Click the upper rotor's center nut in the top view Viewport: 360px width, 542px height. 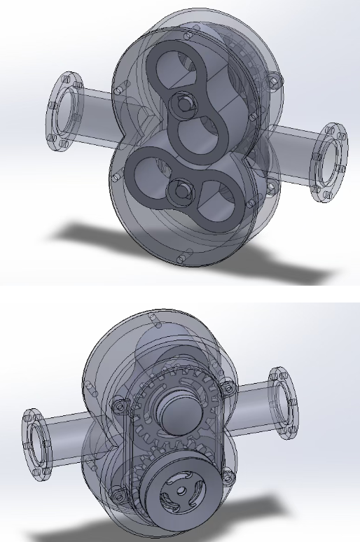pyautogui.click(x=184, y=104)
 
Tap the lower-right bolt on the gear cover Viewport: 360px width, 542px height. pyautogui.click(x=226, y=478)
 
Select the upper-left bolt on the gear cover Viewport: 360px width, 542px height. pyautogui.click(x=119, y=406)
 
